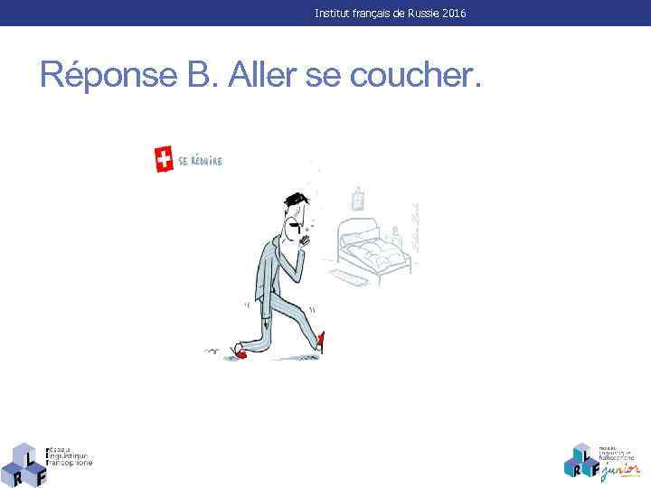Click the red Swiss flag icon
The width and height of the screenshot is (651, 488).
click(164, 160)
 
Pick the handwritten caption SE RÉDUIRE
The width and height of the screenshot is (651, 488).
click(201, 161)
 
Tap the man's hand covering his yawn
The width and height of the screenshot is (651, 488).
click(304, 238)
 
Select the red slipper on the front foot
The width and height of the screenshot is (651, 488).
click(320, 342)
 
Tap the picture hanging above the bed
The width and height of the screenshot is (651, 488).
click(358, 199)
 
